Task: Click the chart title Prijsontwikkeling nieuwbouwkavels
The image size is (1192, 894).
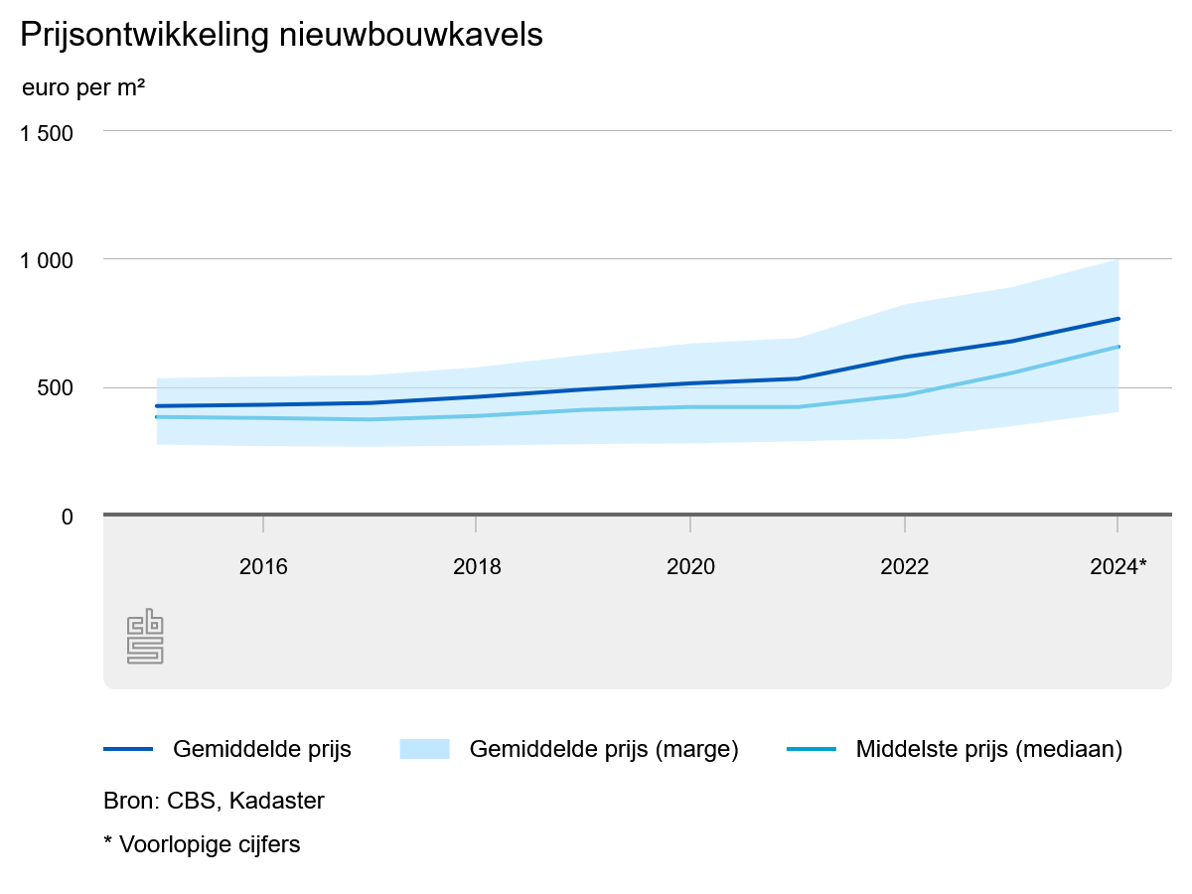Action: (281, 35)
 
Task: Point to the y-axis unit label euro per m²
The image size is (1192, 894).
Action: (83, 87)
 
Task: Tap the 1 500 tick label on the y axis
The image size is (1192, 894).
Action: (47, 132)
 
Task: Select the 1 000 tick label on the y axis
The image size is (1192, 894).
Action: (47, 260)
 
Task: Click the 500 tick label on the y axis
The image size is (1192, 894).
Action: (56, 388)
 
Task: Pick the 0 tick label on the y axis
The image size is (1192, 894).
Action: (67, 517)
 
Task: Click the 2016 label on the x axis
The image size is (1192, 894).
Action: (263, 567)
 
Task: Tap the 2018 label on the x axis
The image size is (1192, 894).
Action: (477, 567)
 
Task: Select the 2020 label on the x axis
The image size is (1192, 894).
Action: (690, 567)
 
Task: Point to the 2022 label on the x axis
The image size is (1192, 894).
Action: (904, 567)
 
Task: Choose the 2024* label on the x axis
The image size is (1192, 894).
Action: (1118, 567)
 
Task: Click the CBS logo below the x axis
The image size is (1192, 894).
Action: (145, 636)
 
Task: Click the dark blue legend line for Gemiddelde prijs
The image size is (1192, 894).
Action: (128, 749)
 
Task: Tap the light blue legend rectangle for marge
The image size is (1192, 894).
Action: (424, 749)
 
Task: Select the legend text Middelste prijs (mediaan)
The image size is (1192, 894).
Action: (988, 749)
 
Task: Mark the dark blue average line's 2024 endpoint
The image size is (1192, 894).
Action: (1117, 319)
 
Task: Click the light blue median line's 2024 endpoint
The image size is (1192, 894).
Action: (1117, 347)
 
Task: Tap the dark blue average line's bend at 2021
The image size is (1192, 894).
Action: (798, 378)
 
